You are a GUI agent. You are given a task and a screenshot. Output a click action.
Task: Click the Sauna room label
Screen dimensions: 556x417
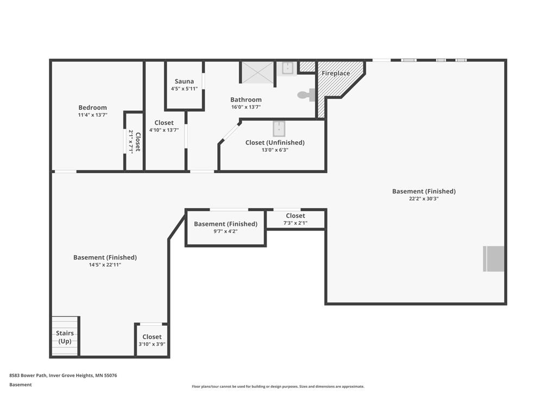coord(184,81)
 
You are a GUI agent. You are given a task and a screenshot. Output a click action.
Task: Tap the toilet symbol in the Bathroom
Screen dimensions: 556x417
coord(306,94)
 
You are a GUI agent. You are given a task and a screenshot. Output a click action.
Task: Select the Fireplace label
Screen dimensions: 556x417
coord(336,73)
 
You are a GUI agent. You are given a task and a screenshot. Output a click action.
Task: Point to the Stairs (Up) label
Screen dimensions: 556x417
coord(65,337)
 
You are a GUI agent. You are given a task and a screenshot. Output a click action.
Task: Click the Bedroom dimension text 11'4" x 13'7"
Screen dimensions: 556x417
coord(92,115)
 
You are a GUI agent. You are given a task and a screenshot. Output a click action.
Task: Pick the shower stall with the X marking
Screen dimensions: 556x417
coord(258,72)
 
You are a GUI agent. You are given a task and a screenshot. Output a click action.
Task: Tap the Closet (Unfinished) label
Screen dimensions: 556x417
coord(275,143)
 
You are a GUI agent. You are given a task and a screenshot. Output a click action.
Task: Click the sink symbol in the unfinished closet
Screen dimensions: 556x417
coord(279,129)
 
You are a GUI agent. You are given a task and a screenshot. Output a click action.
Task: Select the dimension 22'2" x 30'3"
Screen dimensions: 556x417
coord(424,199)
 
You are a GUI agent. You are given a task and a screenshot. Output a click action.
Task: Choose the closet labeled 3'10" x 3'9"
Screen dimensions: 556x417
coord(152,340)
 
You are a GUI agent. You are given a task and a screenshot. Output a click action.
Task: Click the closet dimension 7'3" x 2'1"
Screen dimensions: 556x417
coord(295,223)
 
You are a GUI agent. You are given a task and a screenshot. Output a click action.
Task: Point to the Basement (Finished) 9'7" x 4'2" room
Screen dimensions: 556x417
coord(225,228)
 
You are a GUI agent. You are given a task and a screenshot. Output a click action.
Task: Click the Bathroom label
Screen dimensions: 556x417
coord(246,100)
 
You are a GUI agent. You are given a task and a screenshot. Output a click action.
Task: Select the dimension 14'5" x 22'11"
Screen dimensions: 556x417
coord(105,265)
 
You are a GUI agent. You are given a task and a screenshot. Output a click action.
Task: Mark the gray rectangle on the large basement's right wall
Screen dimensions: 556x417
coord(494,259)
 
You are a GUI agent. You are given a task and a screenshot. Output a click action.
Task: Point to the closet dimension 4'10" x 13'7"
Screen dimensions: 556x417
coord(164,130)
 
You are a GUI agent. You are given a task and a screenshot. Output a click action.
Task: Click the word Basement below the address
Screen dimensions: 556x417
coord(21,385)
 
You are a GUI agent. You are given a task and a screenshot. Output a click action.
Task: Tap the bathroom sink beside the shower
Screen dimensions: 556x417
coord(287,68)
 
